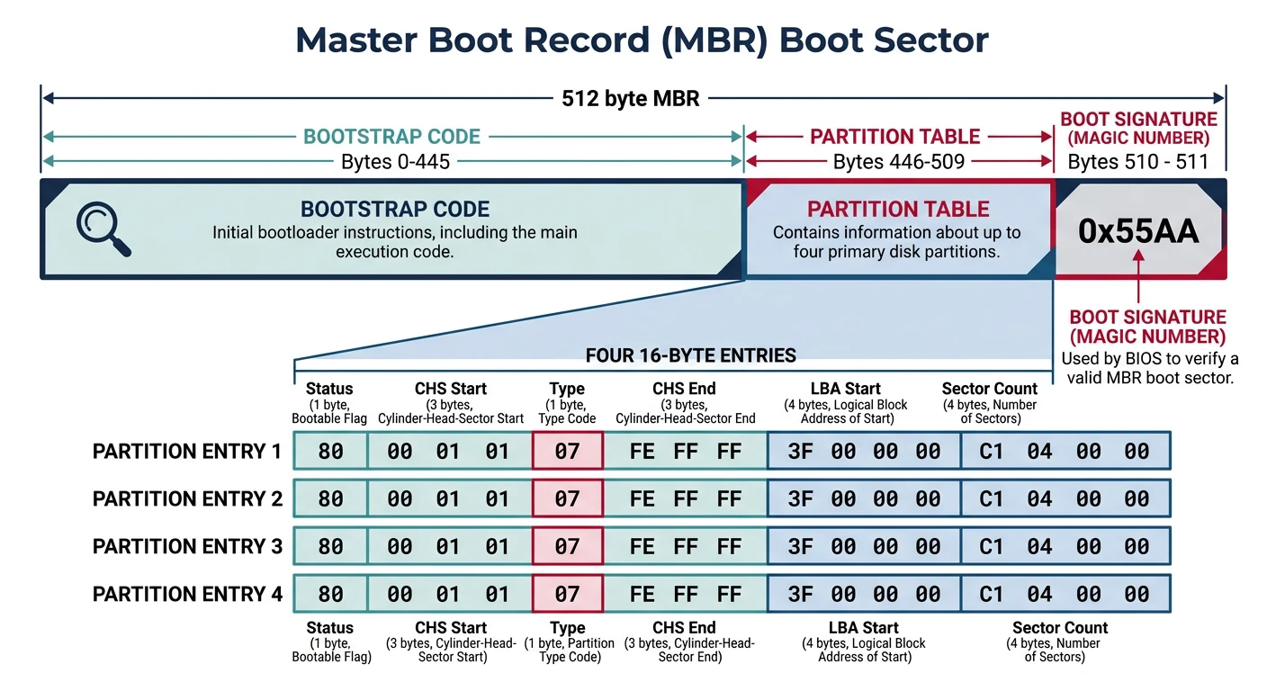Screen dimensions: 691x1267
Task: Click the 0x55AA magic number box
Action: pos(1138,231)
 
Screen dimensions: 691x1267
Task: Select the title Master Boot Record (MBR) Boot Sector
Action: pos(642,40)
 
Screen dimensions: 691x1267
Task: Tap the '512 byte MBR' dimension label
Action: pos(630,98)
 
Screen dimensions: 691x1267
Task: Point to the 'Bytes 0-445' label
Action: pos(395,162)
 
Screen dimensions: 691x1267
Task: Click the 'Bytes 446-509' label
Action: pos(899,162)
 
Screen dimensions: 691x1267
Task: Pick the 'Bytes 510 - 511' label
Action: pos(1137,162)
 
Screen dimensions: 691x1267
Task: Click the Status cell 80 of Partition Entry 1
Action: pos(331,451)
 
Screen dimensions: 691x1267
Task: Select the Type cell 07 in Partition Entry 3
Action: pos(567,546)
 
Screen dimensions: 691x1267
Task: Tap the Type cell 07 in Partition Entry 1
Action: pos(567,451)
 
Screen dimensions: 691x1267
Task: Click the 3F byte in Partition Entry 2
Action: pos(800,498)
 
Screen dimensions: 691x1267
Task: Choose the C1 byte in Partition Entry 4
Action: pos(991,594)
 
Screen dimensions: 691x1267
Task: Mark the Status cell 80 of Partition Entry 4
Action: pos(331,594)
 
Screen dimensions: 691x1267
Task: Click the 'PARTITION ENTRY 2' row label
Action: pos(187,498)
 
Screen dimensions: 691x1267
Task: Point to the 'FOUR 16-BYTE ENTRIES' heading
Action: pos(690,355)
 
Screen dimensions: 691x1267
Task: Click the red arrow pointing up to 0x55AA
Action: pos(1138,277)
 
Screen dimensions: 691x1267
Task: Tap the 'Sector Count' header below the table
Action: pos(1060,628)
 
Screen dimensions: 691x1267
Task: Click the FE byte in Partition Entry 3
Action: pos(642,546)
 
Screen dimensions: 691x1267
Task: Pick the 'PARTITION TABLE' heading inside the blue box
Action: pos(898,210)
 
